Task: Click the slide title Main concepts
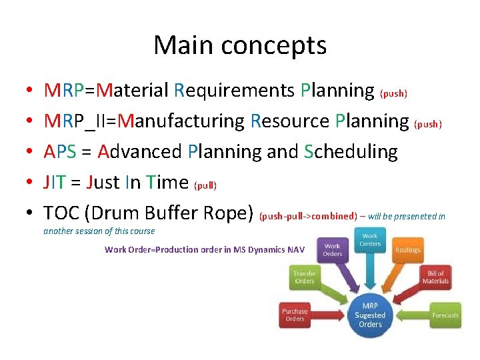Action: pyautogui.click(x=240, y=45)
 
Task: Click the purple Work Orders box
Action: pyautogui.click(x=332, y=250)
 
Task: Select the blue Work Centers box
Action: pyautogui.click(x=370, y=240)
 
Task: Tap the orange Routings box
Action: pyautogui.click(x=407, y=250)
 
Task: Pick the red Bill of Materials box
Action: pyautogui.click(x=435, y=277)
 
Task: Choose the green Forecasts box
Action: pyautogui.click(x=445, y=315)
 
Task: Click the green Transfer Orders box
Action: pyautogui.click(x=305, y=277)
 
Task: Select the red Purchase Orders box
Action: pyautogui.click(x=295, y=315)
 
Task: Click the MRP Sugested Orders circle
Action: pyautogui.click(x=370, y=315)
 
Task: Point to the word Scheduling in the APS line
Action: pyautogui.click(x=351, y=152)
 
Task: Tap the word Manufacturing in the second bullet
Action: pyautogui.click(x=185, y=121)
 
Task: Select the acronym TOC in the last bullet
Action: pyautogui.click(x=61, y=213)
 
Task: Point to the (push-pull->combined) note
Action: pyautogui.click(x=308, y=216)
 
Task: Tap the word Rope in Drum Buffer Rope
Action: pyautogui.click(x=227, y=213)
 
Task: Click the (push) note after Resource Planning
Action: pyautogui.click(x=428, y=124)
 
